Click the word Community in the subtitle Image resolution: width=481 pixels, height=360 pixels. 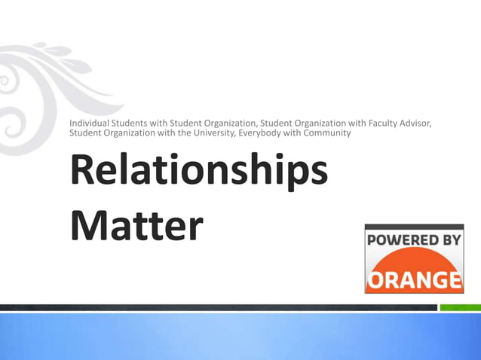coord(326,133)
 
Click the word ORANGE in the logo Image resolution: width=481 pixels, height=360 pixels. coord(414,279)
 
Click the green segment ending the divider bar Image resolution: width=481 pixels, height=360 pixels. coord(460,307)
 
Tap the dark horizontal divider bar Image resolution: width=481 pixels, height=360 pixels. coord(219,307)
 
